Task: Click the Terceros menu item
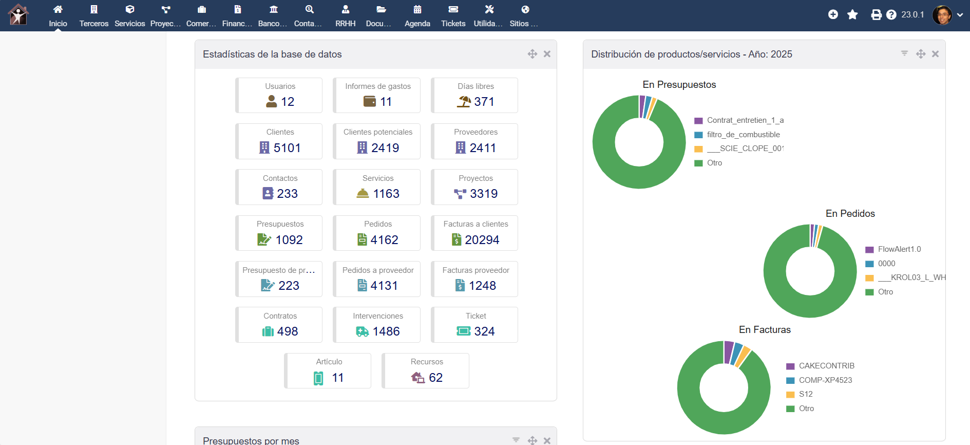tap(94, 16)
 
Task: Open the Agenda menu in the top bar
tap(417, 16)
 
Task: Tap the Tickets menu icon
tap(453, 9)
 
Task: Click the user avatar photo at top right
tap(942, 15)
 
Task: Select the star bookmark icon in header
tap(852, 15)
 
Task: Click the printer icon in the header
tap(876, 15)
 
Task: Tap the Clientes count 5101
tap(287, 148)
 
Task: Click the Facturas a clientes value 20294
tap(482, 240)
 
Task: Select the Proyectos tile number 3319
tap(483, 194)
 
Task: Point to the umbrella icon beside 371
tap(464, 101)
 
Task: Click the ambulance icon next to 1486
tap(362, 332)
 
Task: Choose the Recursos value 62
tap(435, 378)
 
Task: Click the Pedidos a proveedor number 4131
tap(384, 286)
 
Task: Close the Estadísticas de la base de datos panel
tap(547, 54)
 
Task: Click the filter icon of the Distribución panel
tap(904, 53)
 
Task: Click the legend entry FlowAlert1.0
tap(899, 249)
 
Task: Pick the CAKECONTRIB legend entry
tap(826, 366)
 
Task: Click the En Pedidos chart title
tap(850, 213)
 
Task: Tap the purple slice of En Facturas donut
tap(728, 352)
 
